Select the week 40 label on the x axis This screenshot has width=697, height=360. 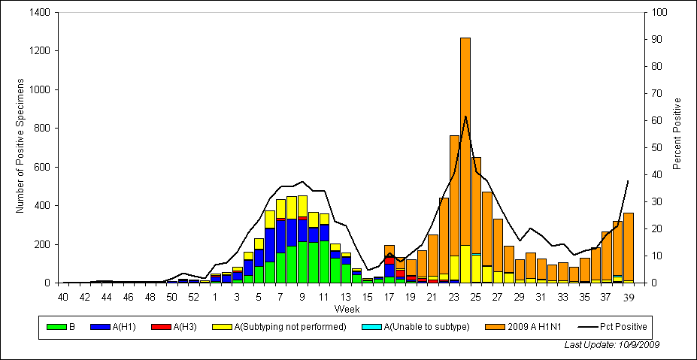[x=63, y=297]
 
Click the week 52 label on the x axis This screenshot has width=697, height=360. [x=193, y=297]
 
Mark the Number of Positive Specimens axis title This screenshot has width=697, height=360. [x=20, y=148]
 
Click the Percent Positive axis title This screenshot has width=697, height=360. [x=677, y=133]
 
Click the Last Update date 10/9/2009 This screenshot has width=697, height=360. [x=612, y=344]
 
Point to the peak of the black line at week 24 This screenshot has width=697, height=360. [x=465, y=116]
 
